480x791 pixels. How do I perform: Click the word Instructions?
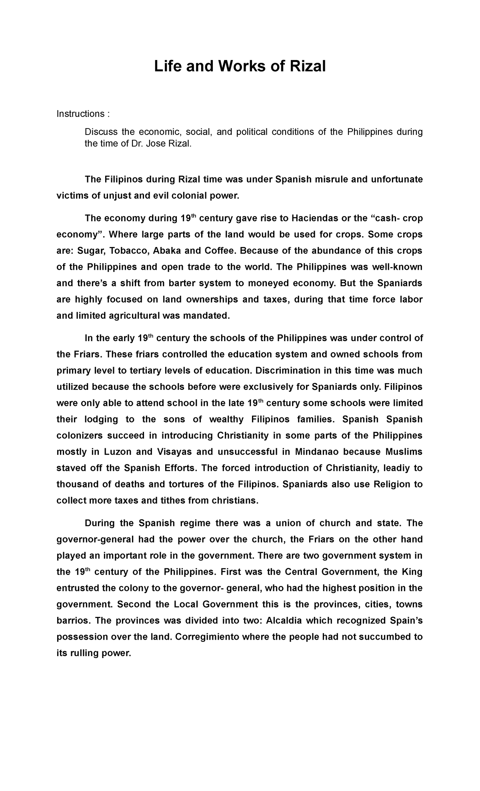coord(80,114)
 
